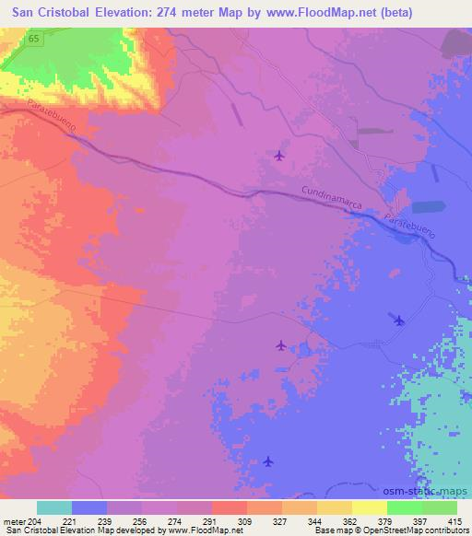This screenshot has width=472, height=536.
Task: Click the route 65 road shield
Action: tap(33, 41)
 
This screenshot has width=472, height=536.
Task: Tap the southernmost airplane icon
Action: tap(268, 460)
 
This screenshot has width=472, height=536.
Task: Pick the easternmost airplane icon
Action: tap(399, 320)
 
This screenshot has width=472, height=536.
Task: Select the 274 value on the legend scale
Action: tap(177, 520)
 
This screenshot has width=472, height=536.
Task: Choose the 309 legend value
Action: tap(246, 520)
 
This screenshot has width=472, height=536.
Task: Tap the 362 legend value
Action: tap(351, 520)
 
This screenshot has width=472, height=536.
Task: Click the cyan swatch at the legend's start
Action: tap(54, 507)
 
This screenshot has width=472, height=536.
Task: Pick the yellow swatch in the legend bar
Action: tap(370, 507)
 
